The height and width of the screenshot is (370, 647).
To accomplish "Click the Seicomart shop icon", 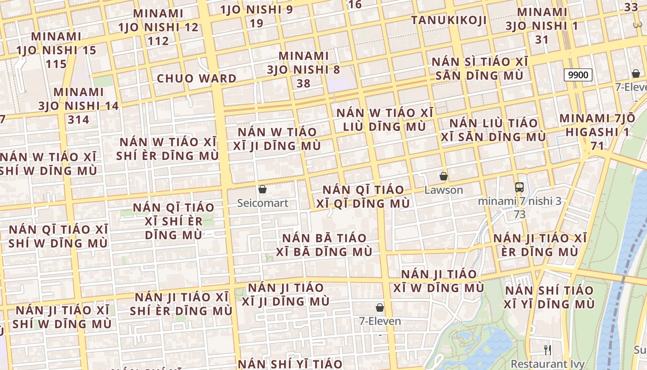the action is (x=262, y=189).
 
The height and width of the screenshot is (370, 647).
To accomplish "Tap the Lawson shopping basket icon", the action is (x=444, y=176).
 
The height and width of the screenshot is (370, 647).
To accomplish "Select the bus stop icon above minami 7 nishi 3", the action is (x=519, y=187).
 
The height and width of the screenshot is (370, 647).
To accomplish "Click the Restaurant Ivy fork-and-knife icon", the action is (x=548, y=349).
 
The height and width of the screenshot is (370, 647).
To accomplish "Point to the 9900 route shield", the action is (x=578, y=75).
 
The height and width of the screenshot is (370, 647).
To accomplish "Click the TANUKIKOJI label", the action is (x=449, y=20).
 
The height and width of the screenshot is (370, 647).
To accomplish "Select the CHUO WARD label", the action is (x=197, y=79).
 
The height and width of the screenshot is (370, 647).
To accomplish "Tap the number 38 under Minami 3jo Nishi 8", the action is (x=303, y=84).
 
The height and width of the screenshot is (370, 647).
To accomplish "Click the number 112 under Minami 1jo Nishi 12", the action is (x=158, y=41).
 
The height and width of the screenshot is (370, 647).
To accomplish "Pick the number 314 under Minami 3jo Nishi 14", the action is (x=78, y=120).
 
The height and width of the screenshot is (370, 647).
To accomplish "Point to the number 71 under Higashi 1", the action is (x=597, y=146).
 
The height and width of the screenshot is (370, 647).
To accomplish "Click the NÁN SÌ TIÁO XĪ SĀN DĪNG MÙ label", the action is (x=479, y=68).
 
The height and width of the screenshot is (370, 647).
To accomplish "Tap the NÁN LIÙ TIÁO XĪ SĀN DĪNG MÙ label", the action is (x=493, y=130).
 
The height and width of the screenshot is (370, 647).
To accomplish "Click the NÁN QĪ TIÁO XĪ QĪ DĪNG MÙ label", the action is (x=363, y=197).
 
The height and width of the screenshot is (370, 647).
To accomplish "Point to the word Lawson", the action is (x=444, y=190).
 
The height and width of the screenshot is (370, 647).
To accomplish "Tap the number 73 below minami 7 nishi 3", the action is (x=519, y=215).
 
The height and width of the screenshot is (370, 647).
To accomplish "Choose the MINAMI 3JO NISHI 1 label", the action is (x=542, y=19).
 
